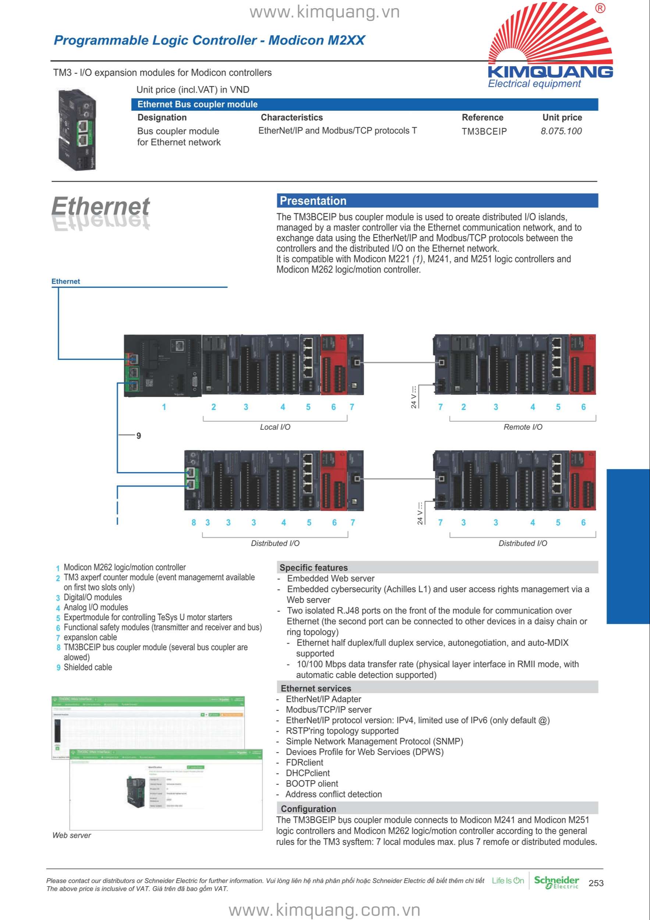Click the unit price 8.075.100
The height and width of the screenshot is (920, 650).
tap(561, 131)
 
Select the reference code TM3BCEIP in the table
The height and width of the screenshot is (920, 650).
tap(484, 131)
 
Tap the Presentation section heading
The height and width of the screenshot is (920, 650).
tap(313, 201)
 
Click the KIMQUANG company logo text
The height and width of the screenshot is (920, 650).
tap(550, 72)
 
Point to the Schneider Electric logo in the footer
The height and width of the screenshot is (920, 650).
tap(556, 882)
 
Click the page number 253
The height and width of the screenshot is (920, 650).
tap(596, 883)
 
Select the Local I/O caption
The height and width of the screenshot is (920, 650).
tap(275, 427)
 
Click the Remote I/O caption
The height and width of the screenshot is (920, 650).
tap(523, 427)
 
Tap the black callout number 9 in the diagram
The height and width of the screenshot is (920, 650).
tap(139, 436)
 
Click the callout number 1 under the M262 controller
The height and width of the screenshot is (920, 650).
tap(164, 407)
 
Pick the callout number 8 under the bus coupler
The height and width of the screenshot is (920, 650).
tap(194, 523)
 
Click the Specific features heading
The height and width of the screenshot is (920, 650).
tap(313, 567)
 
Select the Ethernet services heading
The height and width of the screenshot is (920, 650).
tap(316, 689)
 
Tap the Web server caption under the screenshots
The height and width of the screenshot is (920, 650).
tap(72, 835)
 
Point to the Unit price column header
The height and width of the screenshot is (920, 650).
tap(562, 117)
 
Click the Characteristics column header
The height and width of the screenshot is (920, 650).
tap(292, 117)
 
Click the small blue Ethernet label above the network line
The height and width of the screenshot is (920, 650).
tap(66, 281)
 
